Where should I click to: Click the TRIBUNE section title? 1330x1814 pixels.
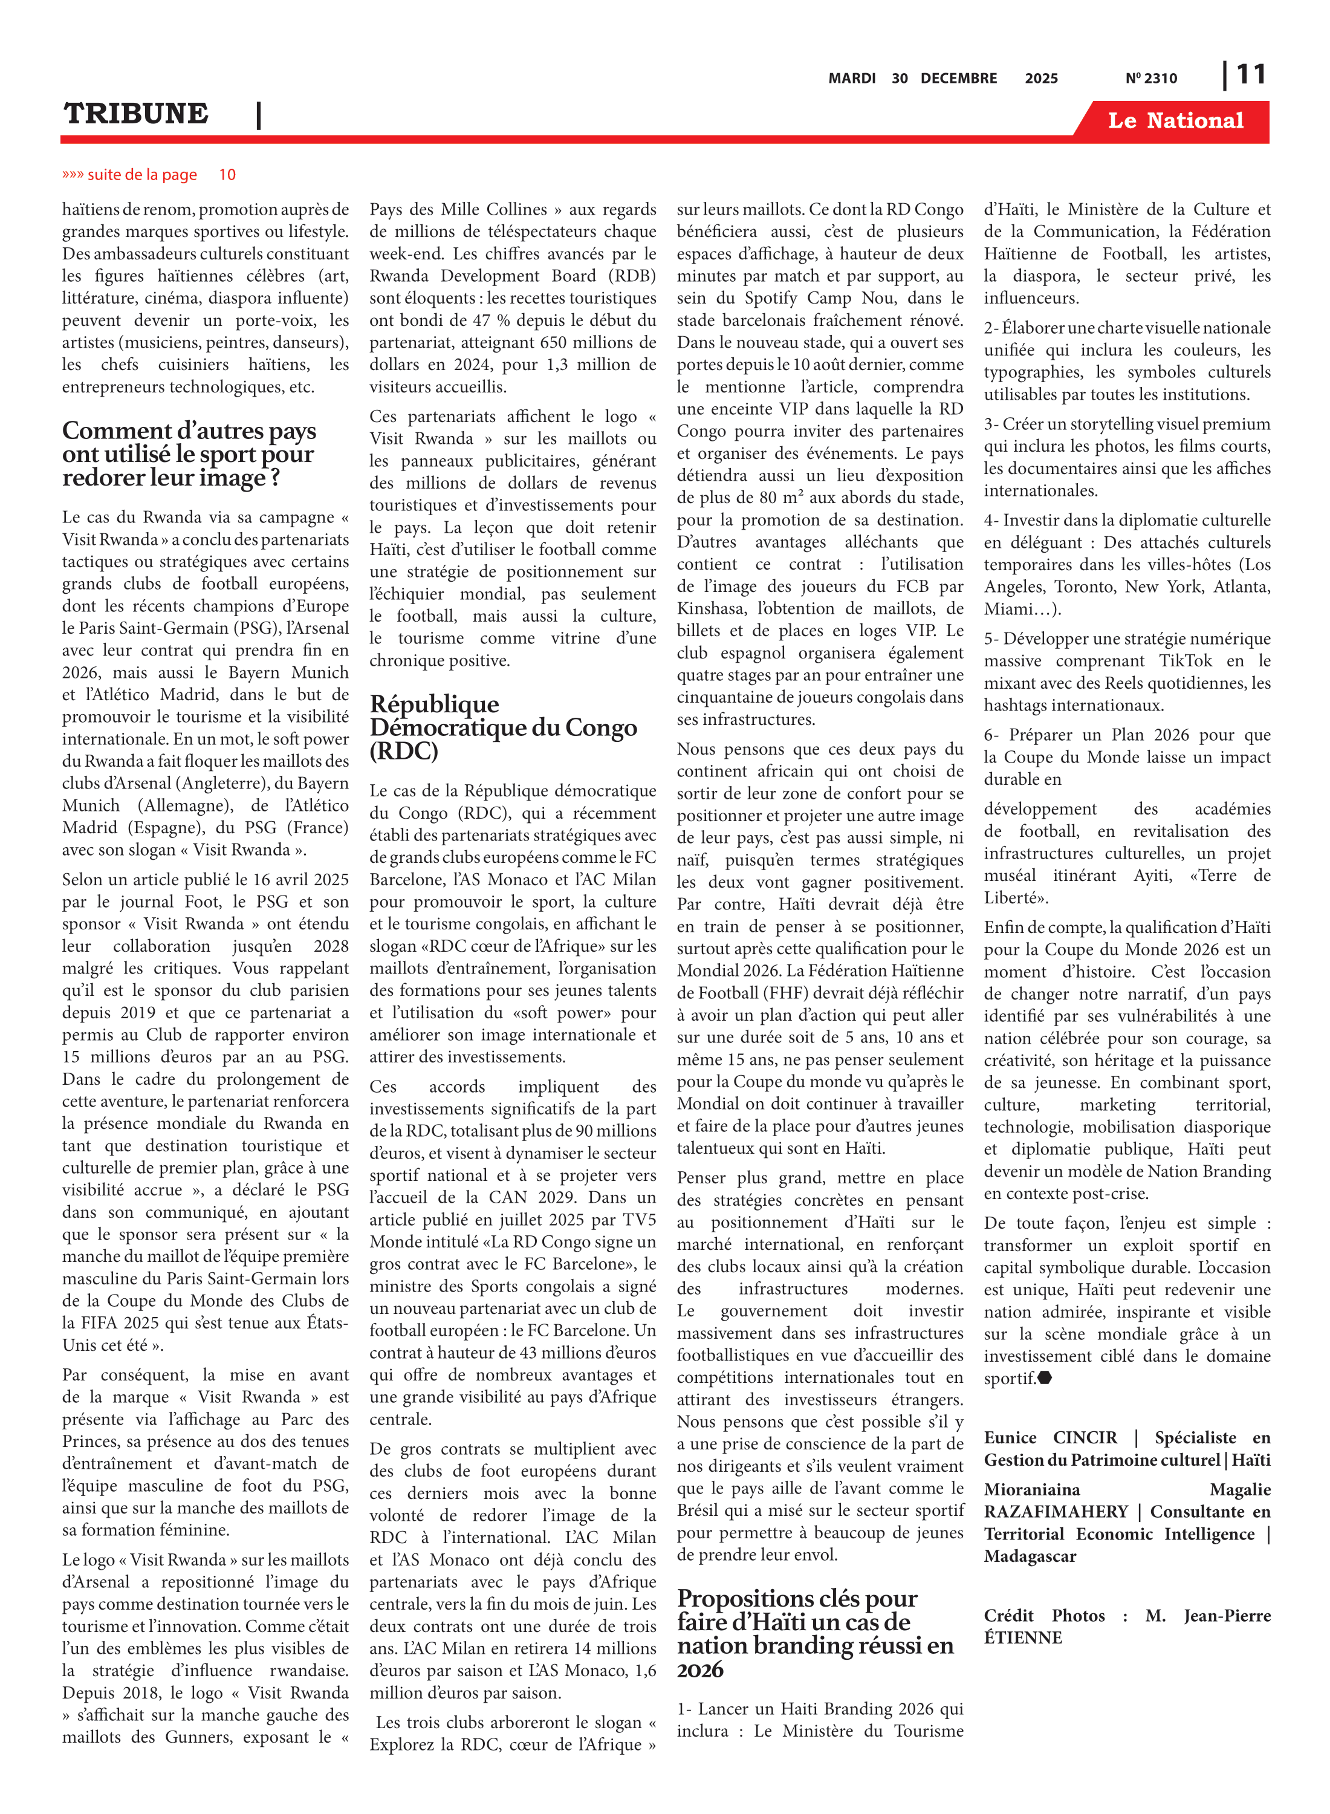[136, 114]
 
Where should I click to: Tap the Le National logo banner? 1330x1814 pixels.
[1175, 121]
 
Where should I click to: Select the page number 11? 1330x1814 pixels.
[1250, 75]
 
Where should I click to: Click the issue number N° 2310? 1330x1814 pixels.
[1150, 79]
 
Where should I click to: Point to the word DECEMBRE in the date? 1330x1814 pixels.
[958, 79]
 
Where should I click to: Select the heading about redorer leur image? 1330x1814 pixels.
[189, 454]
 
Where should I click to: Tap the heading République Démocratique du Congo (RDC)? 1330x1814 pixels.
[502, 727]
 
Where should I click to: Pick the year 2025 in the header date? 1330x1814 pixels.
[1041, 79]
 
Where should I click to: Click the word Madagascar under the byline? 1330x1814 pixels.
[1030, 1556]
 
